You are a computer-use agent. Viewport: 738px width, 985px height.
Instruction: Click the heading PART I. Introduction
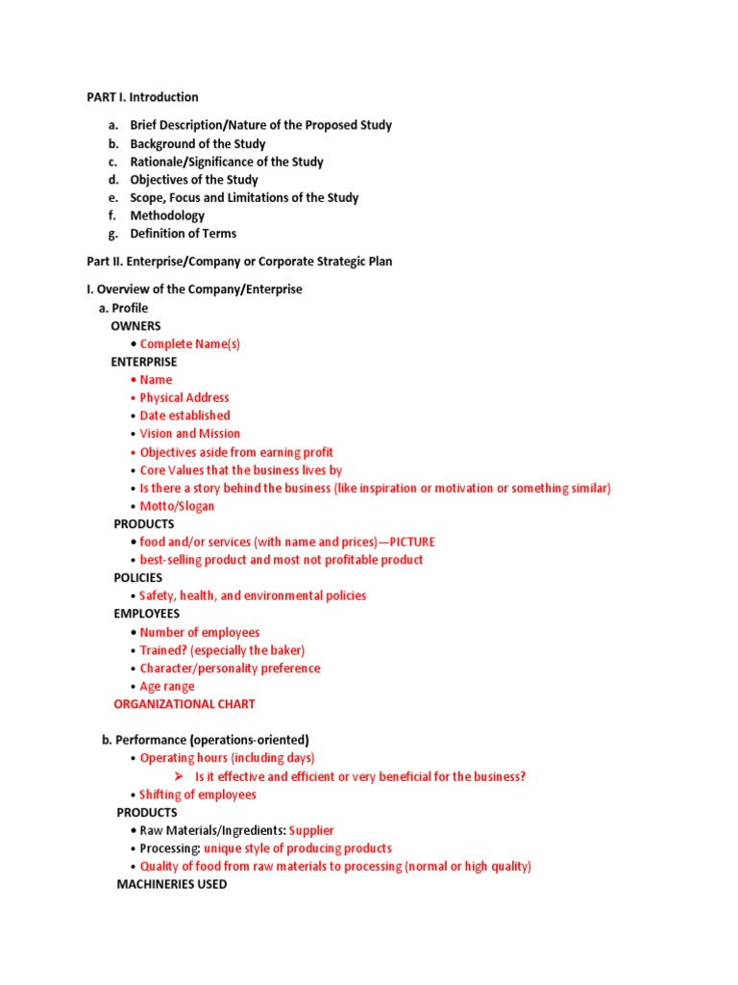point(143,97)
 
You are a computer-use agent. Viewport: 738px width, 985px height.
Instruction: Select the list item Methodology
point(167,215)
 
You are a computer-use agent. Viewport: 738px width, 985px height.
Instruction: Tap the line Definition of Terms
point(183,234)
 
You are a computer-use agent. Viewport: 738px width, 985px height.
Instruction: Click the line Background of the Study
point(198,144)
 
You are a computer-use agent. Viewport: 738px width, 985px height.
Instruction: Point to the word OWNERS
point(135,326)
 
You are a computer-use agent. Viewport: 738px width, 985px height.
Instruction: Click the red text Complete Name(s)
point(189,343)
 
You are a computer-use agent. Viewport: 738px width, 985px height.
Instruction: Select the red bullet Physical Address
point(184,397)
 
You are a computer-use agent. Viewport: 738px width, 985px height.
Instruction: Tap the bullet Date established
point(184,416)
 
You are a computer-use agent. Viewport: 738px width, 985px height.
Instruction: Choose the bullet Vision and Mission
point(190,434)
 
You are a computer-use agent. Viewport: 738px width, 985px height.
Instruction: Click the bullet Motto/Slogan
point(177,506)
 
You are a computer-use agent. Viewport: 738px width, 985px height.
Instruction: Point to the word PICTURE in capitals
point(412,543)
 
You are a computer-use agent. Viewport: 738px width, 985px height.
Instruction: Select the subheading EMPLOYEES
point(147,614)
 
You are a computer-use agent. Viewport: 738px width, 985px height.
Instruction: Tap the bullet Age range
point(167,687)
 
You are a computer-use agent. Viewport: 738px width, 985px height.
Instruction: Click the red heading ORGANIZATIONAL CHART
point(184,704)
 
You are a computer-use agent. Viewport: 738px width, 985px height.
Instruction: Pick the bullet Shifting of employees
point(197,795)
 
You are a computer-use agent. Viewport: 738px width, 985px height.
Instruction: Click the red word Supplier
point(311,831)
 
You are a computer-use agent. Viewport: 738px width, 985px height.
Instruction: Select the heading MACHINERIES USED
point(172,884)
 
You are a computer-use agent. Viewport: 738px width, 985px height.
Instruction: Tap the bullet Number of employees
point(200,632)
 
